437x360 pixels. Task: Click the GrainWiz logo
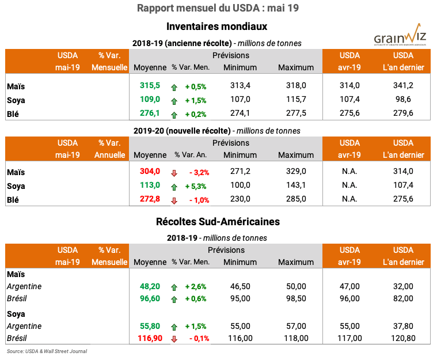(x=400, y=36)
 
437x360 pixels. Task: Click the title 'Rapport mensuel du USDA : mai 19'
(x=218, y=8)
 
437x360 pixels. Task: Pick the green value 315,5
(x=150, y=86)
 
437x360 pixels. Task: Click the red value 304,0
(x=150, y=171)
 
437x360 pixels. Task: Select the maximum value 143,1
(x=295, y=185)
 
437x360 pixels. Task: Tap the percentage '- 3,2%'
(x=199, y=172)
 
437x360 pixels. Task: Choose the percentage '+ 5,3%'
(x=196, y=186)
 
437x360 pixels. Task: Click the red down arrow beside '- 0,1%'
(x=174, y=339)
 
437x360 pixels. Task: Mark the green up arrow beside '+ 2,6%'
(x=174, y=286)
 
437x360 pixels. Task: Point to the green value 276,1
(x=150, y=113)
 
